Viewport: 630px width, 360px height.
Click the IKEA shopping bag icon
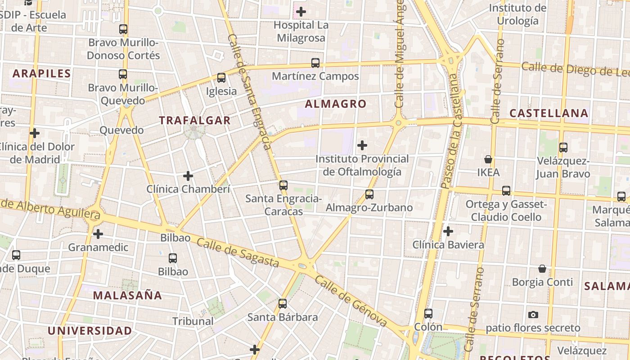488,159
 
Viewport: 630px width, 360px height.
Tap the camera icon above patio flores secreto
533,315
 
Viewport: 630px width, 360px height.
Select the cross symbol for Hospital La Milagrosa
301,12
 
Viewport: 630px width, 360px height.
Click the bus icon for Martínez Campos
315,63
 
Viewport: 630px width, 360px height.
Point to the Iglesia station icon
221,78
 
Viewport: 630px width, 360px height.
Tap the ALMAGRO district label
336,104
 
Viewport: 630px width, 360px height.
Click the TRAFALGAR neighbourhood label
195,120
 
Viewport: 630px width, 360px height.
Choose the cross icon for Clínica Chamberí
188,176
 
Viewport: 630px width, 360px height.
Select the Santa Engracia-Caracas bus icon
283,185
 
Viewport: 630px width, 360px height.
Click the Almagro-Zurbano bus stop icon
369,194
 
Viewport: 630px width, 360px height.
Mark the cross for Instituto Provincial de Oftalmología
362,145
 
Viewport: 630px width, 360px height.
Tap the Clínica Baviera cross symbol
448,231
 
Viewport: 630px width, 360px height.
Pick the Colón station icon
428,314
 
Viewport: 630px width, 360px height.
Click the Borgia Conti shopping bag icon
542,269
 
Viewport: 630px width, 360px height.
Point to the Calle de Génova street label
351,301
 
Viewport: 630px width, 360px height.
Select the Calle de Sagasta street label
238,252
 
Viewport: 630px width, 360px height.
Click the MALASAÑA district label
127,295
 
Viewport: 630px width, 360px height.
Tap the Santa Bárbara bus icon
283,304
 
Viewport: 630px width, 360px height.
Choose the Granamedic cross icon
98,234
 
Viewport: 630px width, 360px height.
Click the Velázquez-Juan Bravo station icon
563,147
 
